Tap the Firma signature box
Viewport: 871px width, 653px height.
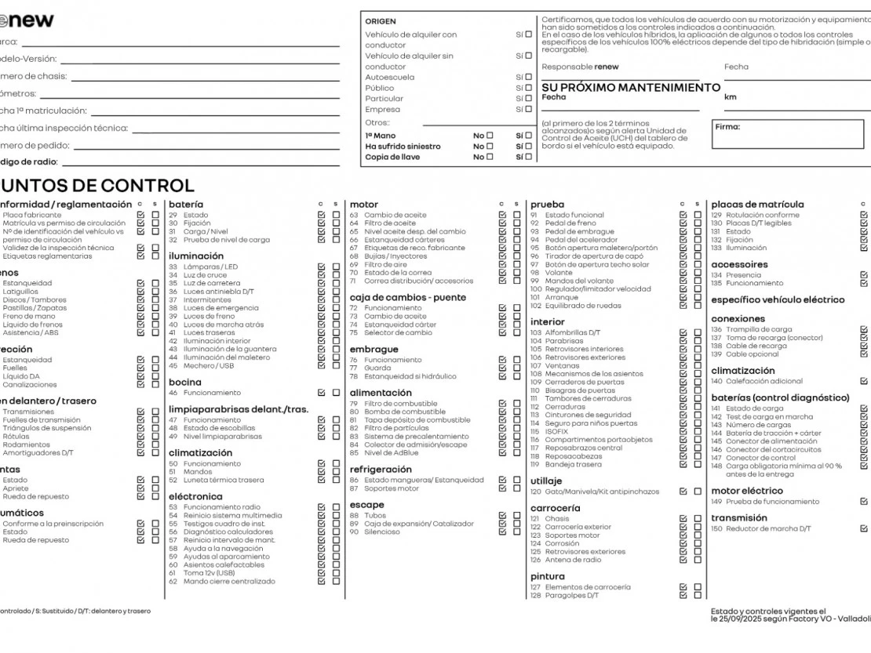[x=788, y=134]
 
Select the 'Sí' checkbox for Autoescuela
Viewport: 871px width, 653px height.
[x=528, y=78]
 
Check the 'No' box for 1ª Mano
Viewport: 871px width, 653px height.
[x=490, y=136]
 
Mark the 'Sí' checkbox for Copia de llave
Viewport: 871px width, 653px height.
[x=528, y=157]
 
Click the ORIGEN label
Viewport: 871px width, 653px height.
[x=381, y=21]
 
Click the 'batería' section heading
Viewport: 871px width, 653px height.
[x=186, y=205]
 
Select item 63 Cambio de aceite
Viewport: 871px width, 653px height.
[x=395, y=215]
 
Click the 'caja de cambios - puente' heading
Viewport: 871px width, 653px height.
[x=407, y=297]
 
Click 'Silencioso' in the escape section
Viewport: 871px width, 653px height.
[x=381, y=531]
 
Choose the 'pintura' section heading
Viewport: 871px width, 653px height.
[x=547, y=576]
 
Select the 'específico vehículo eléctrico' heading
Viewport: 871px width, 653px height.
[x=767, y=299]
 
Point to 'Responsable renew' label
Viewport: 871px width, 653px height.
[x=580, y=67]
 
